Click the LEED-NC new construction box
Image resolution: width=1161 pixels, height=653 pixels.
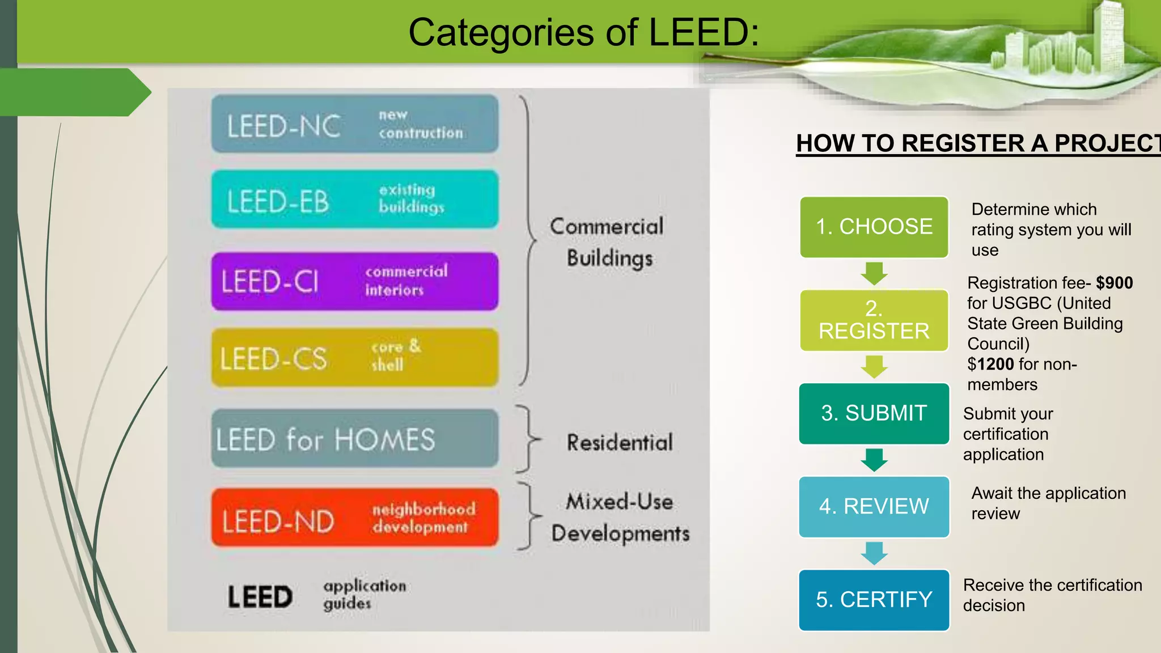click(x=355, y=124)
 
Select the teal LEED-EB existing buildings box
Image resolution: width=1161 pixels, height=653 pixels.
click(x=355, y=199)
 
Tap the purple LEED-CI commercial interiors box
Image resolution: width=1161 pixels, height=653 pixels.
click(x=355, y=281)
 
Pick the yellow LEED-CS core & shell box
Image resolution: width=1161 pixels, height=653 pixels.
click(x=355, y=357)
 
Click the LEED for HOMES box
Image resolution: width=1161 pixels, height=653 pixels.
click(x=355, y=438)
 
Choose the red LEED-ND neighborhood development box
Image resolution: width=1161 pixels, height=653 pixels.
click(x=355, y=518)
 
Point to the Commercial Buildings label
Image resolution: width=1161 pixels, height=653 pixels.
click(x=607, y=242)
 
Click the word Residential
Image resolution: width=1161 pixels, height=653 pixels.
click(x=620, y=443)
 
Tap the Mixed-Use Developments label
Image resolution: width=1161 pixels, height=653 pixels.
click(x=620, y=518)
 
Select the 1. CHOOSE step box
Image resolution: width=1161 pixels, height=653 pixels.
click(x=874, y=227)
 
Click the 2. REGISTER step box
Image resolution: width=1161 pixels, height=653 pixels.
click(x=874, y=320)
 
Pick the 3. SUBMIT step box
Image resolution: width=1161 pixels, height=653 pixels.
click(x=874, y=413)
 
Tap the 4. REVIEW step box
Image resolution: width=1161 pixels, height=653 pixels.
click(x=874, y=506)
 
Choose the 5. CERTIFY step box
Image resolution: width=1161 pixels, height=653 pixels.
click(x=874, y=600)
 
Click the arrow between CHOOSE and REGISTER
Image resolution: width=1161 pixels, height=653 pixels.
click(x=874, y=273)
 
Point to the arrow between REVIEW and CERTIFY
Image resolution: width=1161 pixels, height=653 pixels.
click(x=874, y=553)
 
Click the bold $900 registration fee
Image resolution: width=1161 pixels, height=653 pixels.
click(x=1114, y=283)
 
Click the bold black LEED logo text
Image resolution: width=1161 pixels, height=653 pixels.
click(x=260, y=597)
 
